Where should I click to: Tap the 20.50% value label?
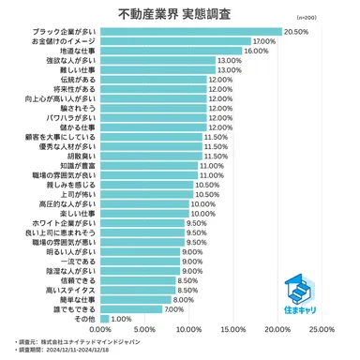click(295, 32)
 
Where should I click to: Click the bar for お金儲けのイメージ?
click(174, 41)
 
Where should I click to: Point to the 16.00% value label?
click(256, 51)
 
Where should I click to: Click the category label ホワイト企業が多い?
click(64, 223)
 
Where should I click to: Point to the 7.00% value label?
click(174, 308)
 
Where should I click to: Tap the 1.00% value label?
click(121, 318)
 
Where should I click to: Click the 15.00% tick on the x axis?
click(233, 330)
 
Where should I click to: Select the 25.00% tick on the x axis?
click(322, 330)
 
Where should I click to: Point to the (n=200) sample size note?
click(333, 17)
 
